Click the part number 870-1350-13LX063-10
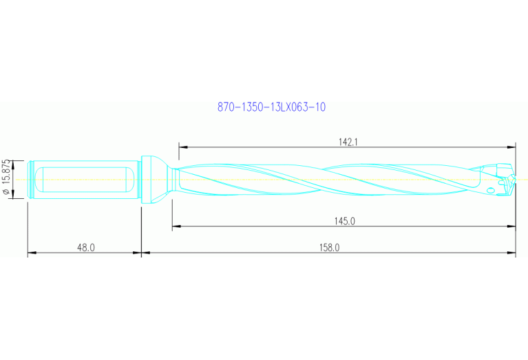(x=271, y=107)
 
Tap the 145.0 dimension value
(x=344, y=221)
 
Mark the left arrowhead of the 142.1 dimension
(x=182, y=147)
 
